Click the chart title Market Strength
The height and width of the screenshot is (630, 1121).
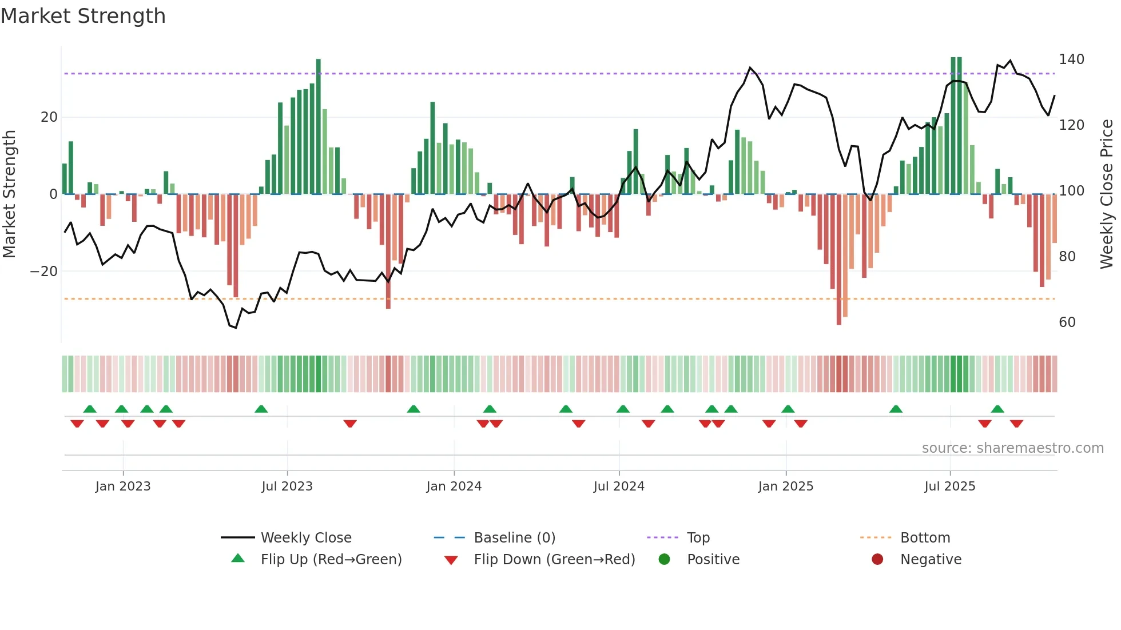click(x=83, y=16)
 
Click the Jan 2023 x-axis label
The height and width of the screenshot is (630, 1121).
click(x=123, y=486)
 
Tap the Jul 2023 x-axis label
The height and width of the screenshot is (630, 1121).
click(x=287, y=486)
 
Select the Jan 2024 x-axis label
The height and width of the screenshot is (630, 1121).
click(x=454, y=486)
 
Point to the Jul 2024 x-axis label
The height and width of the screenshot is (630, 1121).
click(x=619, y=486)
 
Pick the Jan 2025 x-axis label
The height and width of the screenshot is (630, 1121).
click(x=786, y=486)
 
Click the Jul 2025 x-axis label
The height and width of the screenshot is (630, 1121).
click(x=950, y=486)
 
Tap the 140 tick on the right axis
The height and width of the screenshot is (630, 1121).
click(x=1071, y=59)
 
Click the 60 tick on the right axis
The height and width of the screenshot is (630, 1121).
click(x=1067, y=322)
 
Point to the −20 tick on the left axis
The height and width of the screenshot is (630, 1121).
click(x=44, y=272)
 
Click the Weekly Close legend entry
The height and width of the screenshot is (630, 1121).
click(x=306, y=538)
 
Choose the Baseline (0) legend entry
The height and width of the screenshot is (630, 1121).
click(x=515, y=538)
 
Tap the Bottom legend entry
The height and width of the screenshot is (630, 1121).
click(x=925, y=538)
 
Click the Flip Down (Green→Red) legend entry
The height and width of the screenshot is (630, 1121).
click(x=554, y=560)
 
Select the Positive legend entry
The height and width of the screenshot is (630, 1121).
click(x=713, y=560)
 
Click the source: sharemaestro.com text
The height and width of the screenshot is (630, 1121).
click(x=1012, y=448)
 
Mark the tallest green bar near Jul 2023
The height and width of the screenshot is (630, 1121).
click(x=319, y=126)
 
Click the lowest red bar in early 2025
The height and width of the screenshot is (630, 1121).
click(x=839, y=260)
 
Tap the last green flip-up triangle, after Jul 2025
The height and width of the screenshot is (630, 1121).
click(x=997, y=409)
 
